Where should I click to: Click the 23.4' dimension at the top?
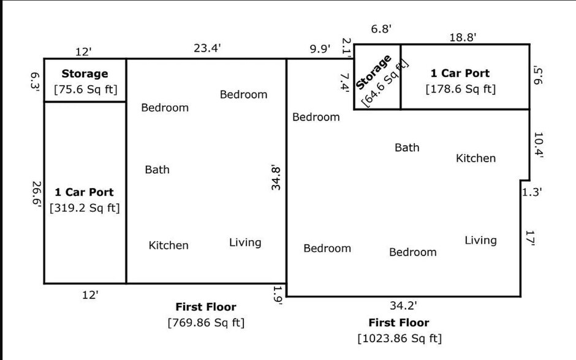[207, 48]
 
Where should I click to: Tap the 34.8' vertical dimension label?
[276, 178]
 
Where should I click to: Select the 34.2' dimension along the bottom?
[403, 306]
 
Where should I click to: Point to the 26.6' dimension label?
[36, 194]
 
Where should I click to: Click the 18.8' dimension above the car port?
[463, 37]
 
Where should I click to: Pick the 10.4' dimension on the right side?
[538, 144]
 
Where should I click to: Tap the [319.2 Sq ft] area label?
[85, 208]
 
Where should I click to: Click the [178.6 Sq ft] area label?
[461, 89]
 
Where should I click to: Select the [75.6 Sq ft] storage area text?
[86, 89]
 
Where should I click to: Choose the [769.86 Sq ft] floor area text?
[206, 323]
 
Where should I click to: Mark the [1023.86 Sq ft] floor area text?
[400, 339]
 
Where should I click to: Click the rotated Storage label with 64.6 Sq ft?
[382, 80]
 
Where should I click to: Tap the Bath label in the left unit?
[157, 170]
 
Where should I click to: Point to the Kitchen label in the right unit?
[476, 158]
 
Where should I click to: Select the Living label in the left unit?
[245, 242]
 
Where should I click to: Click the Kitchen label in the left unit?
[169, 245]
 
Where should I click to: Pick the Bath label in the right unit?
[407, 148]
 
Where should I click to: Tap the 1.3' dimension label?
[532, 192]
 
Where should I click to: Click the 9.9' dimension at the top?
[320, 48]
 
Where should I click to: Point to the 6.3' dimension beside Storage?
[35, 81]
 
